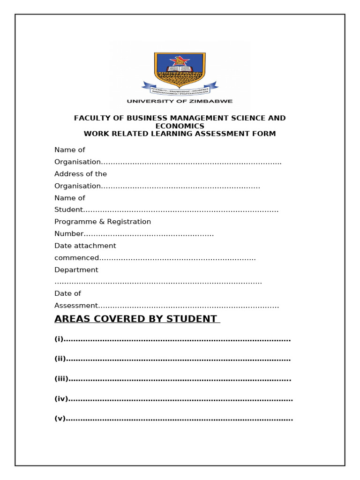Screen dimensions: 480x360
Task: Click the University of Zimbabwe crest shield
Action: pos(180,68)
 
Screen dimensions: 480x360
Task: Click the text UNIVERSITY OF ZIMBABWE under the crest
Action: pos(180,101)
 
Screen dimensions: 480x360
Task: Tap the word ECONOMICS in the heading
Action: pos(180,126)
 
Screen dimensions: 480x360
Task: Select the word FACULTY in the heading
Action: pos(91,118)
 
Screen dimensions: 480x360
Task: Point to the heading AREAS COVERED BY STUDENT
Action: pos(136,319)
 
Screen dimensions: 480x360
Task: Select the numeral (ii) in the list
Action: pos(60,359)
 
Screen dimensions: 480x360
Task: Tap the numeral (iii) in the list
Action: pos(61,379)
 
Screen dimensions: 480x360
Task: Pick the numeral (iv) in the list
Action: pos(61,399)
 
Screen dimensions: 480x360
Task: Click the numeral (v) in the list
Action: pos(60,419)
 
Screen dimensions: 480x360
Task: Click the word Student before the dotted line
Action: pos(68,210)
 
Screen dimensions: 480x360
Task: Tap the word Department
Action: pos(76,270)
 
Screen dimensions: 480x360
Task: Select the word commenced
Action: pos(77,258)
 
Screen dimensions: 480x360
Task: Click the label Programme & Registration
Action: pos(103,222)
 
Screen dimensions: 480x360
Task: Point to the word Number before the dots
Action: pos(69,234)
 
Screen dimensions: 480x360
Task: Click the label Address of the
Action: pos(81,174)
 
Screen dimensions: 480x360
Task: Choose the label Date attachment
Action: pos(85,246)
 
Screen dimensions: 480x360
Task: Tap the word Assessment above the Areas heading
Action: pos(76,306)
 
